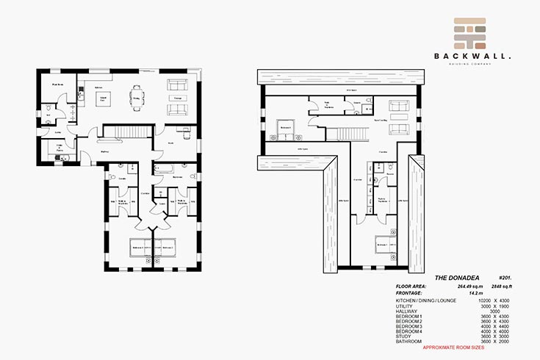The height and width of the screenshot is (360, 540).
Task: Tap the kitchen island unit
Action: pyautogui.click(x=104, y=98)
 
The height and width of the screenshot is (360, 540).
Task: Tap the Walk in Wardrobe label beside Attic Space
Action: pyautogui.click(x=382, y=199)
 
